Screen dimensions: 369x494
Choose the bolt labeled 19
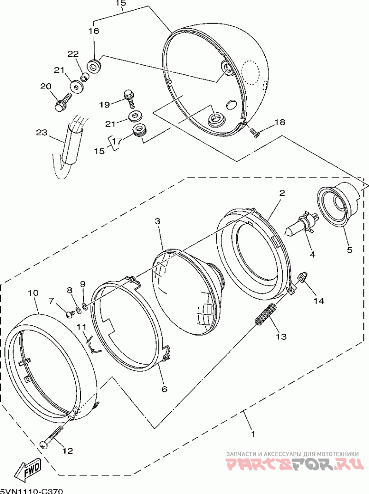tap(130, 98)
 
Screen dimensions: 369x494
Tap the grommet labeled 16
tap(94, 66)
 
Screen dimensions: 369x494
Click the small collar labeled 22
tap(84, 77)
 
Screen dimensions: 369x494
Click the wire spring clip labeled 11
tap(93, 343)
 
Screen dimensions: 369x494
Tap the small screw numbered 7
tap(70, 313)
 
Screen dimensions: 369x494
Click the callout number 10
tap(33, 293)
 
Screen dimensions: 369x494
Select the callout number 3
tap(157, 221)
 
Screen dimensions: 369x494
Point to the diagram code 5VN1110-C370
tap(31, 491)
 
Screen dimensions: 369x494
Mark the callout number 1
tap(253, 435)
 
